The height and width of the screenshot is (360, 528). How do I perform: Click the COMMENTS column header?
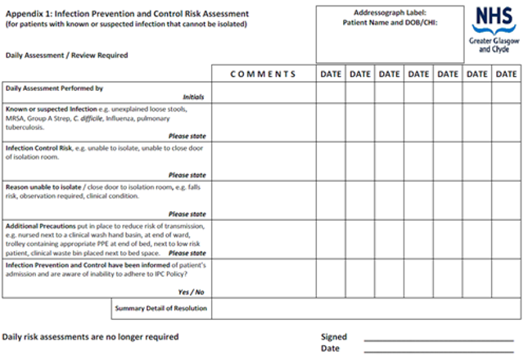(263, 74)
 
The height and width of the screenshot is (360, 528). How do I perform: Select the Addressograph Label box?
(390, 34)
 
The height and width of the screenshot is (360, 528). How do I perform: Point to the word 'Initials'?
(193, 97)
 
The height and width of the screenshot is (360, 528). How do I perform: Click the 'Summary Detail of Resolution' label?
(160, 308)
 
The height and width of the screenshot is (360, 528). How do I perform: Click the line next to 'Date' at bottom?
(438, 351)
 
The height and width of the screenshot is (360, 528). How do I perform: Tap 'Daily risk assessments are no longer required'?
(90, 336)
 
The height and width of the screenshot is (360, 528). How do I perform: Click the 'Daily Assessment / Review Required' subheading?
(66, 55)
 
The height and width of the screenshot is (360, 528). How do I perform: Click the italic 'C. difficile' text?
(89, 118)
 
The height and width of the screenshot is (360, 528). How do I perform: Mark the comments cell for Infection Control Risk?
(263, 161)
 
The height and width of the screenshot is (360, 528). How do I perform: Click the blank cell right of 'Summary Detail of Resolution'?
(365, 308)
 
